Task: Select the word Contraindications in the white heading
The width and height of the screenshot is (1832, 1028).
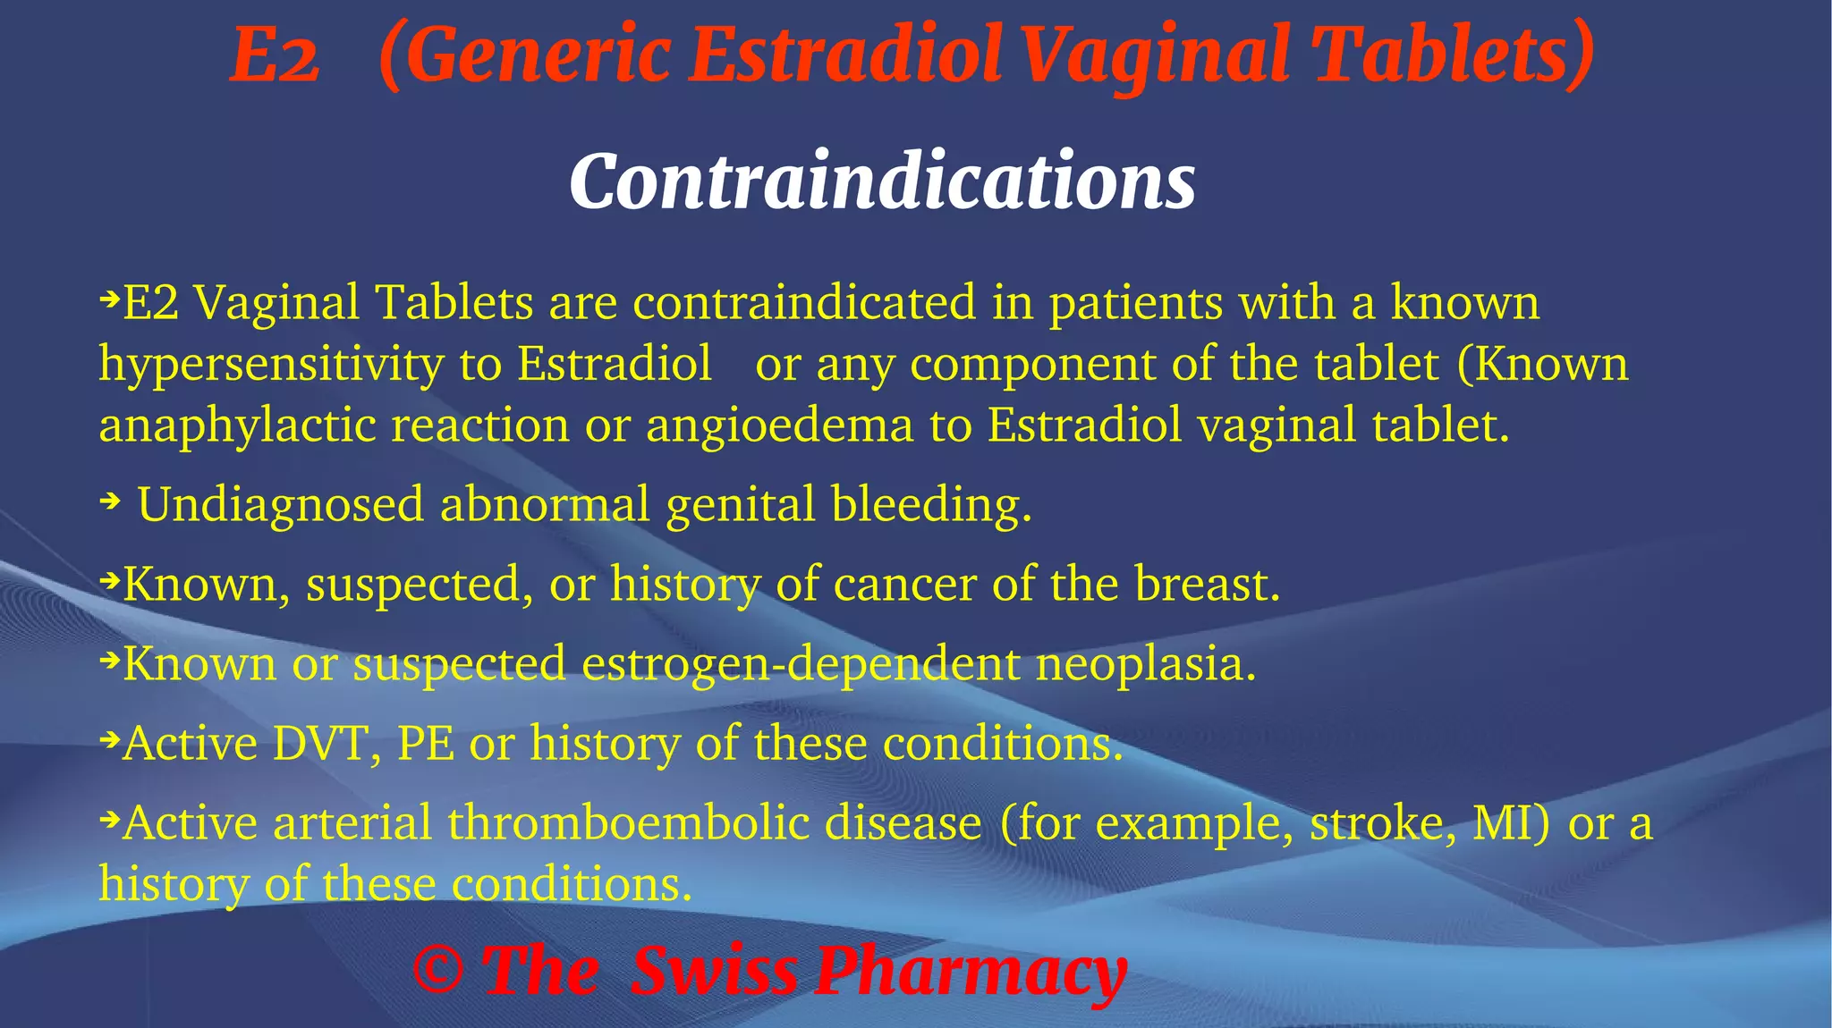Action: click(x=882, y=181)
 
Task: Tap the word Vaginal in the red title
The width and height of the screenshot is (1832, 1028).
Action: click(x=1155, y=55)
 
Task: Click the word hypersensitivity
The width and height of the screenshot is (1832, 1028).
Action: click(x=271, y=365)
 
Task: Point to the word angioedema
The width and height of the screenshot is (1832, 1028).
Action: click(x=779, y=425)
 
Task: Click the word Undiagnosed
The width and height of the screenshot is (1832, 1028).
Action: click(x=280, y=504)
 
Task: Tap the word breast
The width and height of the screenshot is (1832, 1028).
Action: click(x=1207, y=585)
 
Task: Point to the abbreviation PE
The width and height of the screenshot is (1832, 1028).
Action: click(x=425, y=744)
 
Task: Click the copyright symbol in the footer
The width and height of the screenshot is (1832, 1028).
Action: click(x=438, y=972)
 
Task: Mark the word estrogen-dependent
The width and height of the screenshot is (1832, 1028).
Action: click(x=801, y=664)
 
